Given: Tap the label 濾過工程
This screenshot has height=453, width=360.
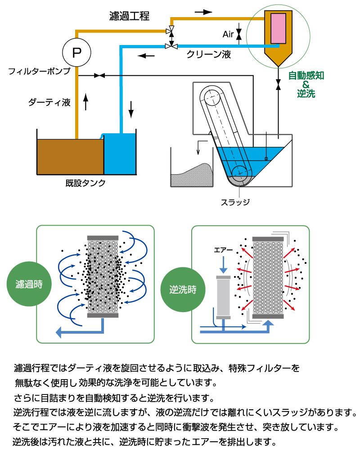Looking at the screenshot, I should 130,16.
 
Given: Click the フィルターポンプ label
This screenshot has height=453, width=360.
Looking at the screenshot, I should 40,71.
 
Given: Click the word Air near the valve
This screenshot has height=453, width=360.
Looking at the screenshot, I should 229,34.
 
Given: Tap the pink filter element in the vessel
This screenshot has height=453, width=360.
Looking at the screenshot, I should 279,28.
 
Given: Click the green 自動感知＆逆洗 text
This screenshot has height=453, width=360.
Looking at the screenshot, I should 306,84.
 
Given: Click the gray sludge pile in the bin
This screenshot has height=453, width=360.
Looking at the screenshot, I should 191,176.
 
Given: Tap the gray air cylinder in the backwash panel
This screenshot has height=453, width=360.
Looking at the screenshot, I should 223,297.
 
